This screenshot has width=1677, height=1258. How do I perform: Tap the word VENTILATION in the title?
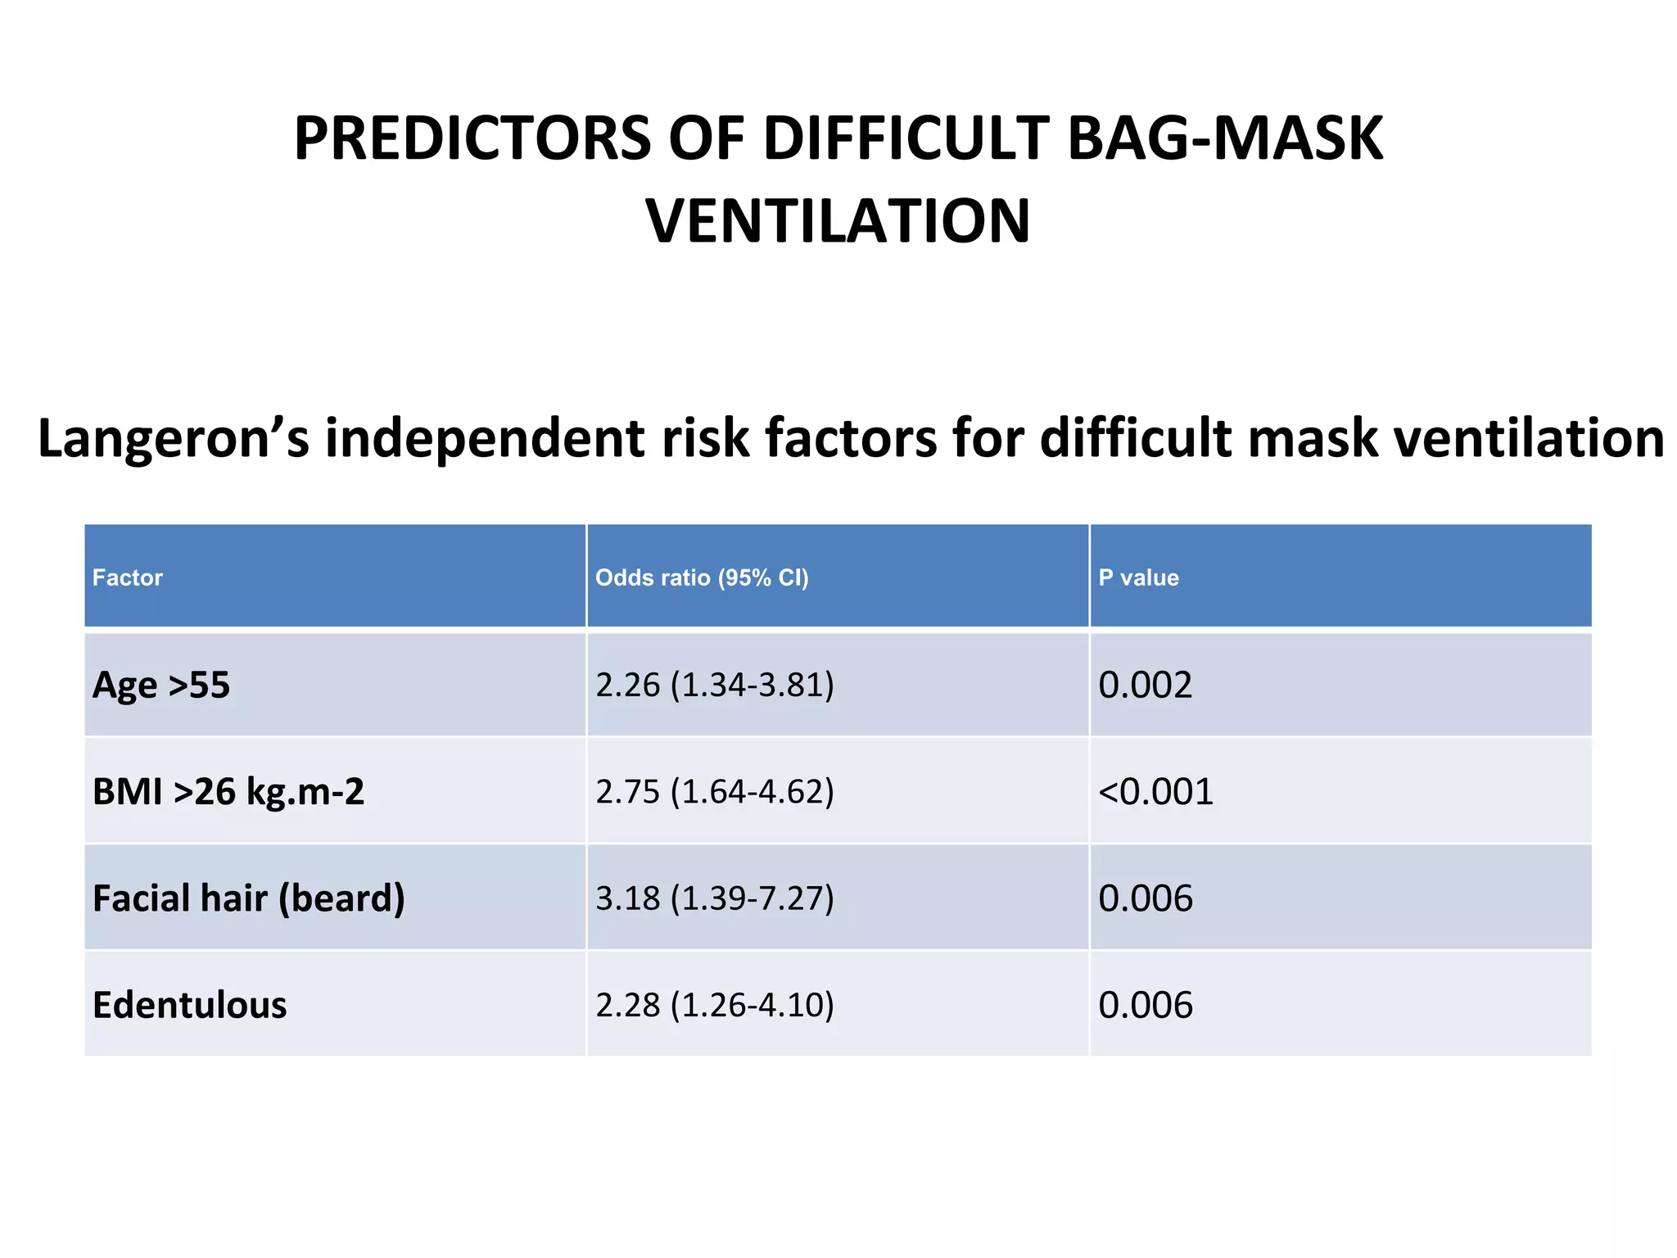pos(838,222)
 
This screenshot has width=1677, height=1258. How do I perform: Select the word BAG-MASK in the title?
pos(1225,138)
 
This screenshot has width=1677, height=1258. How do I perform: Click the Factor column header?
pos(128,578)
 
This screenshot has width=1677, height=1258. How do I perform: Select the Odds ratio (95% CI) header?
pos(702,578)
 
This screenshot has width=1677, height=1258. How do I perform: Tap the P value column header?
pos(1138,578)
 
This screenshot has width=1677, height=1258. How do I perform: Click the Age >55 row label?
pos(161,686)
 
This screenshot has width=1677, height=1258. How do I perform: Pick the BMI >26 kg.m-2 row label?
pos(228,792)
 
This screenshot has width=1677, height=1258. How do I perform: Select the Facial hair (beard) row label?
pos(249,898)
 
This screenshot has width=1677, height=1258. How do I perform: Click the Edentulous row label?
pos(190,1005)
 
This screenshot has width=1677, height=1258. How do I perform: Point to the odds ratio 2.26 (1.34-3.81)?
pos(715,686)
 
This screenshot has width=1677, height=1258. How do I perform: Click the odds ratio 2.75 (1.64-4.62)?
pos(715,792)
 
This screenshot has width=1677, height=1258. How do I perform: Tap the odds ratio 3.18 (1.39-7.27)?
pos(715,898)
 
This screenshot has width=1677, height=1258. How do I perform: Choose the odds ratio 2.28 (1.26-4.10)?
pos(715,1005)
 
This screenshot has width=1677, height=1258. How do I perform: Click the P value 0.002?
pos(1145,686)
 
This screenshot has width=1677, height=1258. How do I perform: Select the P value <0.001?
pos(1155,792)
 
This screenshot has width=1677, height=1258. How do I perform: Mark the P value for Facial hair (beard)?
pos(1145,898)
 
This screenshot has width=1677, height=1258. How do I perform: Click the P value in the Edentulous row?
pos(1145,1005)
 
